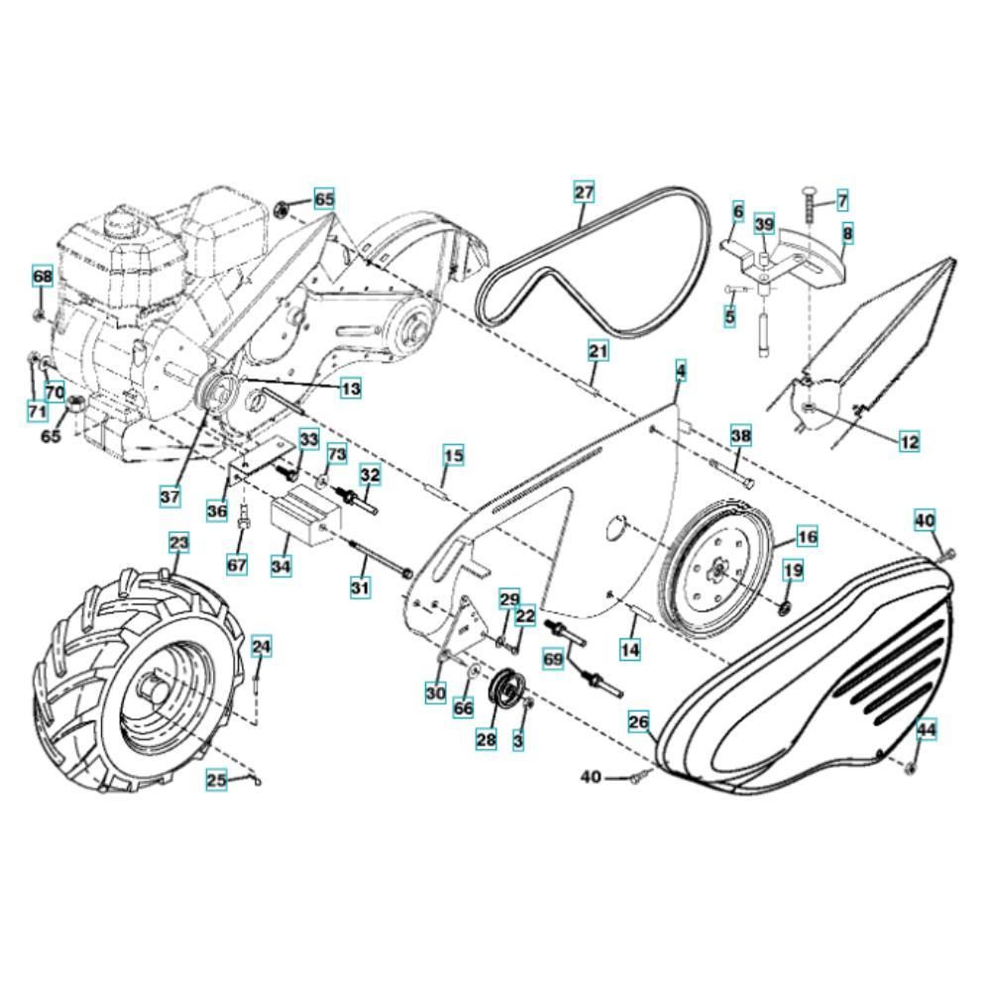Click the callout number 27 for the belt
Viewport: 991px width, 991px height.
pos(584,191)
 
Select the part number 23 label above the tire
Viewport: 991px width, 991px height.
pos(178,543)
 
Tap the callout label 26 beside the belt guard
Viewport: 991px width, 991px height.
pos(639,721)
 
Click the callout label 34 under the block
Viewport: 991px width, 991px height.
pos(280,566)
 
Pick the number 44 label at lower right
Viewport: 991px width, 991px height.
pos(927,730)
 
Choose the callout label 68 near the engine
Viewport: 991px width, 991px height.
pos(43,276)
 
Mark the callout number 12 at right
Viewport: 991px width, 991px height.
pos(909,441)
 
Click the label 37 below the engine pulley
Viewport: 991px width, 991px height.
pos(169,496)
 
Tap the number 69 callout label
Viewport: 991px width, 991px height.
pos(553,660)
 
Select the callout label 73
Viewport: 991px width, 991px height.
pos(337,455)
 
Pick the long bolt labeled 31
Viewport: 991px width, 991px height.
pos(382,559)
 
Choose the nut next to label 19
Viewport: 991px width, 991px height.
pos(783,608)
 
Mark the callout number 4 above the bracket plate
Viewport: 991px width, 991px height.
pos(680,371)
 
